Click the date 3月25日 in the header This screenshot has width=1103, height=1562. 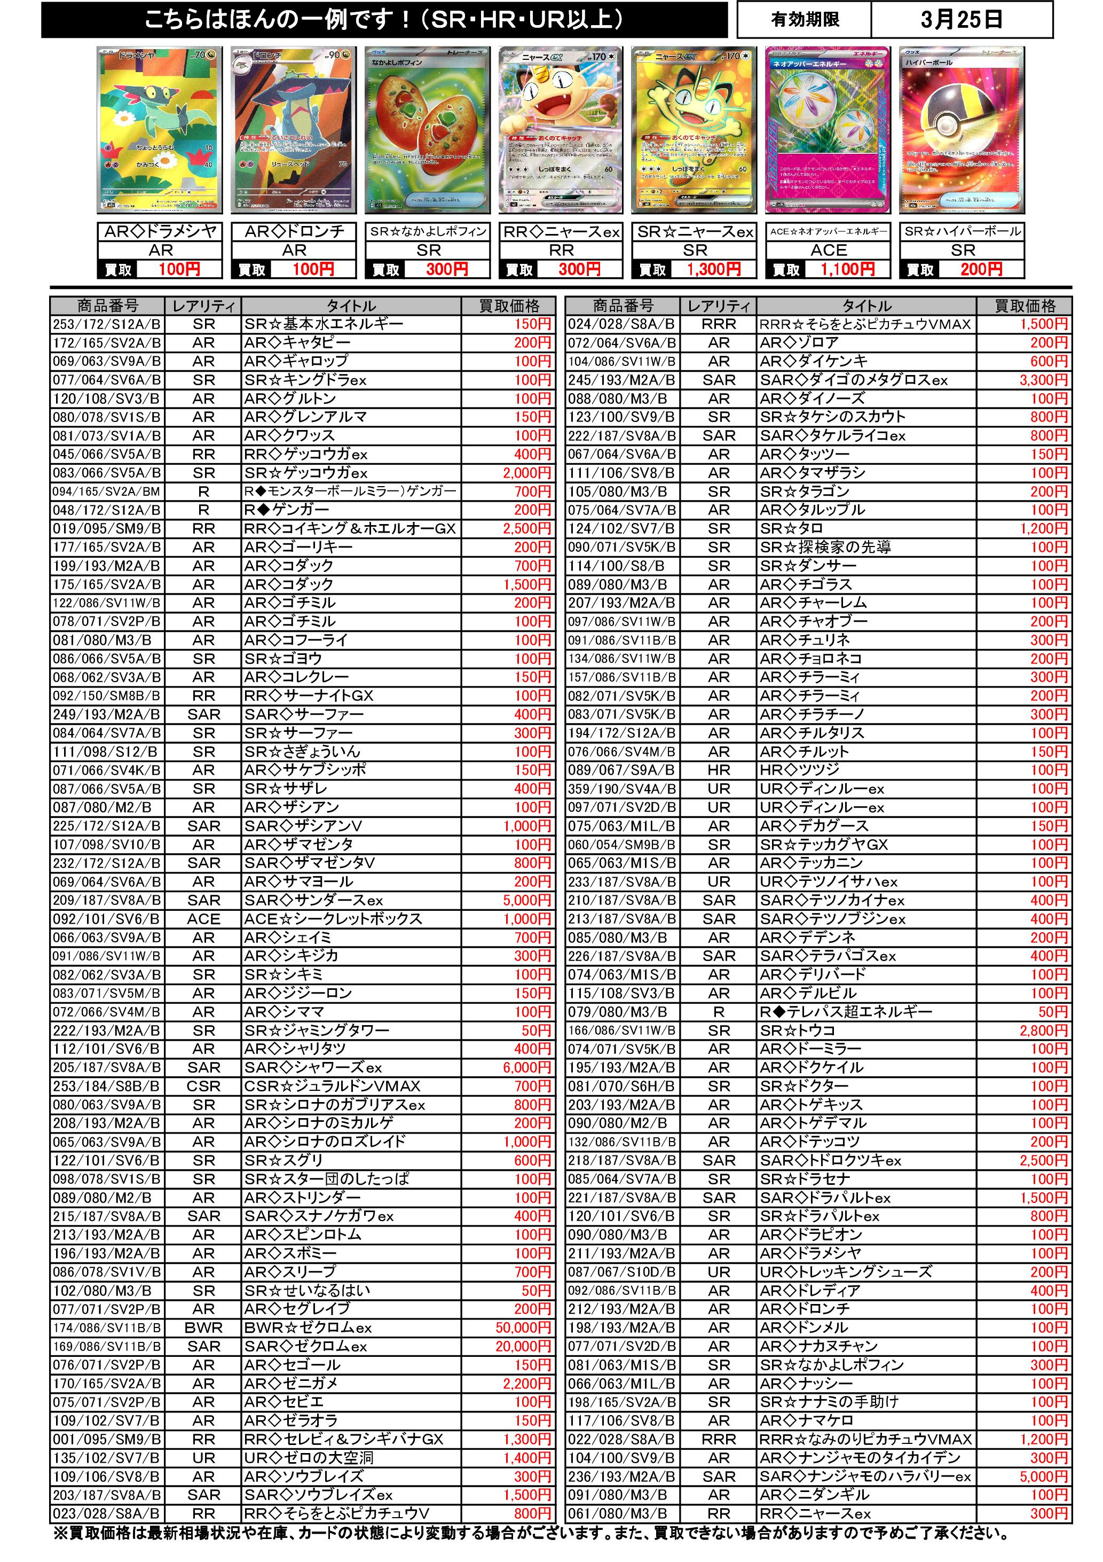[x=961, y=20]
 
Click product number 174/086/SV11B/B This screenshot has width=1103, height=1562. [x=107, y=1327]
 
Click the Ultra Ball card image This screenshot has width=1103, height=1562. [x=961, y=130]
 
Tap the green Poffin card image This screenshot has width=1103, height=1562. [x=427, y=130]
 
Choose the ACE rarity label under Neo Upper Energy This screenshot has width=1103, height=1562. [x=828, y=251]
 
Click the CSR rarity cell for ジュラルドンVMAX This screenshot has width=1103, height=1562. [x=203, y=1087]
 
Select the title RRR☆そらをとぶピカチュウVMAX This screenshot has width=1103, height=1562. [x=865, y=324]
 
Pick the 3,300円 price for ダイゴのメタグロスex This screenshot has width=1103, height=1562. [x=1043, y=380]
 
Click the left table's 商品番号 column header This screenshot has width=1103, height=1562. [x=107, y=306]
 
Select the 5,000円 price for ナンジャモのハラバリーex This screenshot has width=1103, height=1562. [x=1043, y=1477]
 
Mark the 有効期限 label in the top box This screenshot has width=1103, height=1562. [x=805, y=20]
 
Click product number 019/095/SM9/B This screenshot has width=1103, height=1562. [x=107, y=529]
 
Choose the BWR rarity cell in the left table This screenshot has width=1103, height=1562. [x=203, y=1327]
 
